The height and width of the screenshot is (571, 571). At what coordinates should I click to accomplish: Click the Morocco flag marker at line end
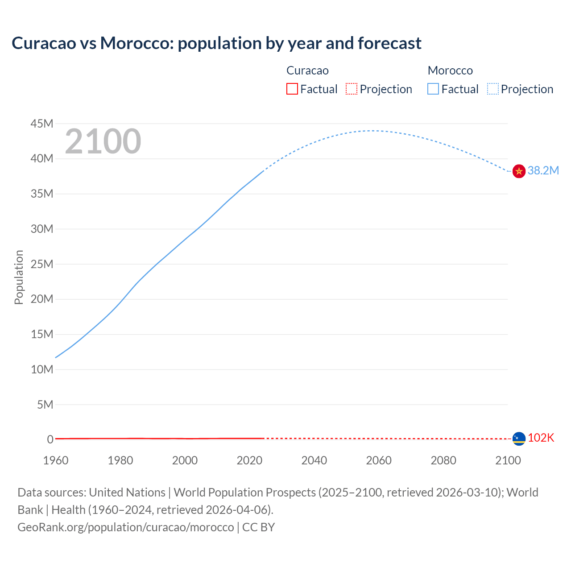coord(519,171)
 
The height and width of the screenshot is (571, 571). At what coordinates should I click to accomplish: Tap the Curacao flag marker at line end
coord(519,439)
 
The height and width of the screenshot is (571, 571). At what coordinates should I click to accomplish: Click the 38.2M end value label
coord(543,170)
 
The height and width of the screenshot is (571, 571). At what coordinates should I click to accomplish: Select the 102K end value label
coord(541,438)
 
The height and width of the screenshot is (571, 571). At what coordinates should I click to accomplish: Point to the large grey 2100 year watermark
coord(103,141)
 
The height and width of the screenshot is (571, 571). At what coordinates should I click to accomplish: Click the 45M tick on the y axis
coord(42,124)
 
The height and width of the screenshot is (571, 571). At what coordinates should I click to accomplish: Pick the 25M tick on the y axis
coord(42,264)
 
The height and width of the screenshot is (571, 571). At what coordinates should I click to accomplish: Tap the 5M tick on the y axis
coord(45,405)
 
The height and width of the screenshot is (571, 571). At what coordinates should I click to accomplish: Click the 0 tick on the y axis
coord(50,439)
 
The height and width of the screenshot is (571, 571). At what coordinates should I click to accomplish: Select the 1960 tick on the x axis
coord(56,460)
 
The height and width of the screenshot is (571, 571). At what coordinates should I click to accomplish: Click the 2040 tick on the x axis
coord(314,460)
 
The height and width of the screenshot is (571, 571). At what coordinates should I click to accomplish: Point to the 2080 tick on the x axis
coord(443,460)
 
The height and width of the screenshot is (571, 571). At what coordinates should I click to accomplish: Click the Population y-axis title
coord(19,277)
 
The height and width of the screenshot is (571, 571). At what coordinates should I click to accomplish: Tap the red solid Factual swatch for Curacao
coord(292,89)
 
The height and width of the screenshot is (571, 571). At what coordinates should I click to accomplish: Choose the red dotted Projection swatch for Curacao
coord(352,89)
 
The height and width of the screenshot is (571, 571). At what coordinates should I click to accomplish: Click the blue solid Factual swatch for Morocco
coord(433,89)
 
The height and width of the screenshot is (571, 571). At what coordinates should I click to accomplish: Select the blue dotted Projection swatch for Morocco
coord(493,89)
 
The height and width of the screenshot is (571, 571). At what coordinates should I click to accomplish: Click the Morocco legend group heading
coord(450,70)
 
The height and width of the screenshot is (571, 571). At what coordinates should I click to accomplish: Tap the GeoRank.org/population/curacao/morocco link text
coord(126,527)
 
